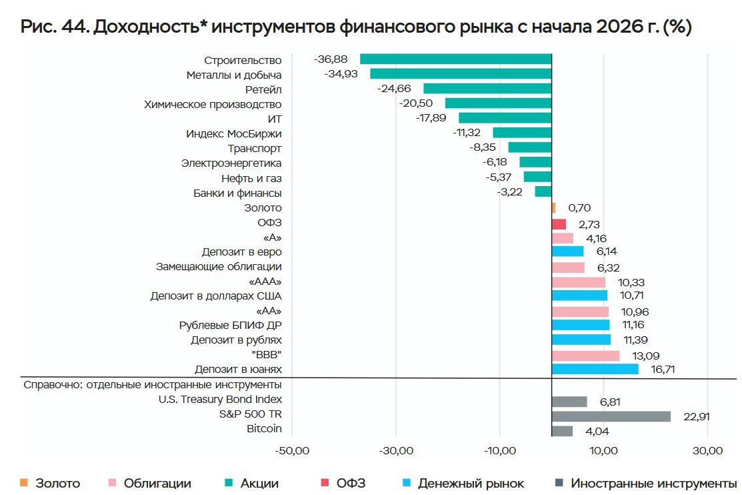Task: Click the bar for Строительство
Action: pyautogui.click(x=456, y=59)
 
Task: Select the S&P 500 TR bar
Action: pyautogui.click(x=611, y=416)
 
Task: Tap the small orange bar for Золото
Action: pyautogui.click(x=553, y=208)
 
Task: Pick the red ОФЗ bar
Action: pyautogui.click(x=559, y=224)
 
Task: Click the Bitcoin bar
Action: pyautogui.click(x=562, y=431)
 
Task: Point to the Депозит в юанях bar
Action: pyautogui.click(x=595, y=369)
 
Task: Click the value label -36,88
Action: pyautogui.click(x=330, y=59)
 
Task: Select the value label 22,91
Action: pyautogui.click(x=697, y=416)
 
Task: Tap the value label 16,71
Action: pyautogui.click(x=663, y=369)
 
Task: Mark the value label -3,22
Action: pyautogui.click(x=509, y=192)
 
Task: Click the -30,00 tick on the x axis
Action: pyautogui.click(x=396, y=450)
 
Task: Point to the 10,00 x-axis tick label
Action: pyautogui.click(x=603, y=450)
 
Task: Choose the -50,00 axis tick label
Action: pyautogui.click(x=292, y=450)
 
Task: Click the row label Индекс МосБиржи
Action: pyautogui.click(x=234, y=133)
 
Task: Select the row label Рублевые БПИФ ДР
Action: pyautogui.click(x=231, y=326)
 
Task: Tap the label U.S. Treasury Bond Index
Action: pyautogui.click(x=220, y=400)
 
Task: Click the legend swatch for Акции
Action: pyautogui.click(x=229, y=483)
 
